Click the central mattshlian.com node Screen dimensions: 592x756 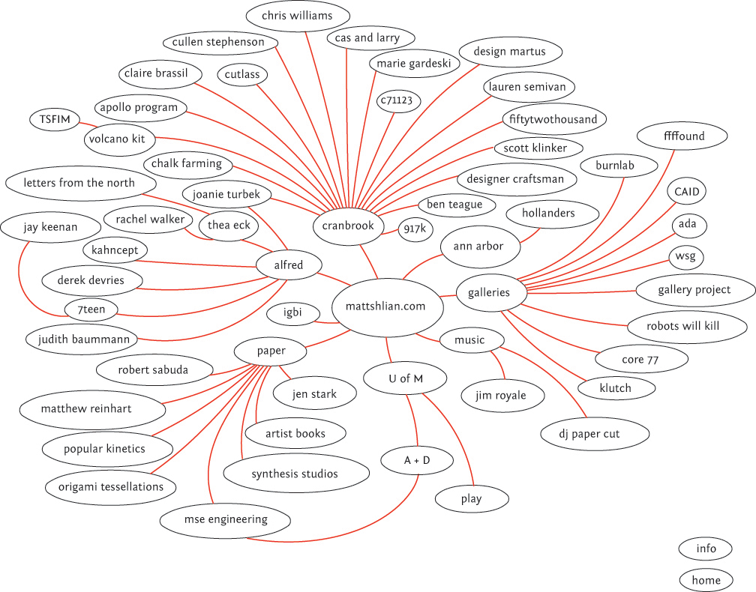385,306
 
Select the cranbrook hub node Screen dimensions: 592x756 347,226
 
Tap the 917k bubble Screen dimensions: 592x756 415,230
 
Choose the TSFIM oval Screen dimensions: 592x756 54,119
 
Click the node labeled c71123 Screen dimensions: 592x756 399,100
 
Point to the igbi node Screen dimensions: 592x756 292,313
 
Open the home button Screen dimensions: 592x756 706,580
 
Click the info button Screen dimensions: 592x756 706,549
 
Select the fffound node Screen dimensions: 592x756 682,137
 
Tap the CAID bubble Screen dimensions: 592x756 686,192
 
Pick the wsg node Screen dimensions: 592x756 685,257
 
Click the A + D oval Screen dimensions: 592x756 417,460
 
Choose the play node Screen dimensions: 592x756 472,499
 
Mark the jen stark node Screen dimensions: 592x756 314,393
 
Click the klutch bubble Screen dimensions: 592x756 615,388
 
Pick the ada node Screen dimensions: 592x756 687,224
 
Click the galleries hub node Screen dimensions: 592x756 487,293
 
